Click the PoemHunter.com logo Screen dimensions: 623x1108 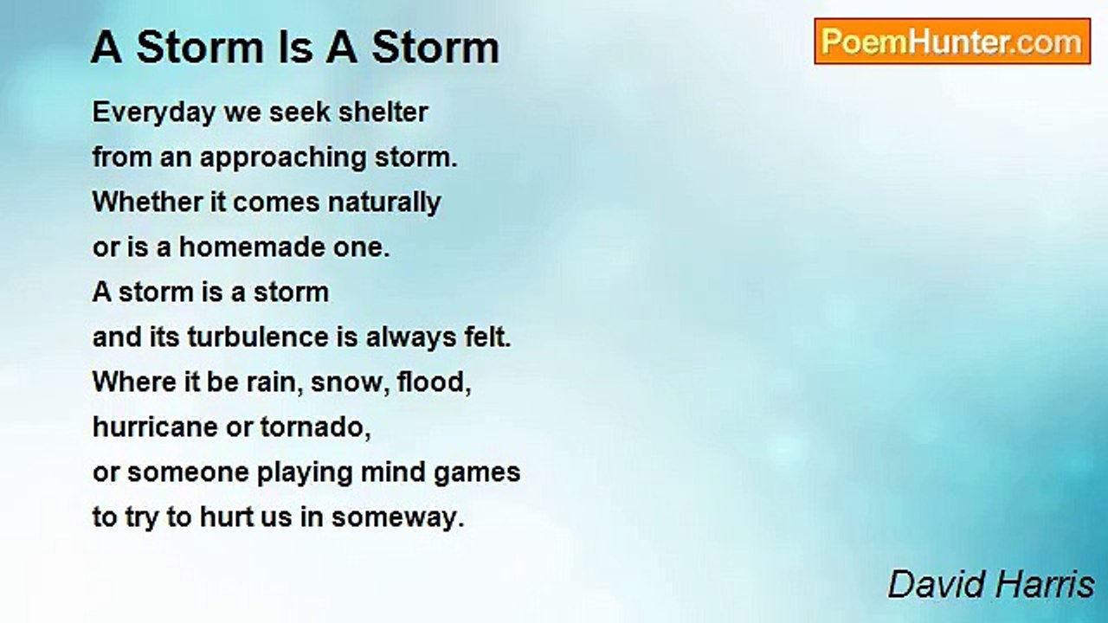tap(952, 42)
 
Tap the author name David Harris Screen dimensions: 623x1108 tap(991, 585)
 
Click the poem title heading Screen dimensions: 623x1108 tap(295, 47)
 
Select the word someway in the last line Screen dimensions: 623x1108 tap(397, 517)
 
